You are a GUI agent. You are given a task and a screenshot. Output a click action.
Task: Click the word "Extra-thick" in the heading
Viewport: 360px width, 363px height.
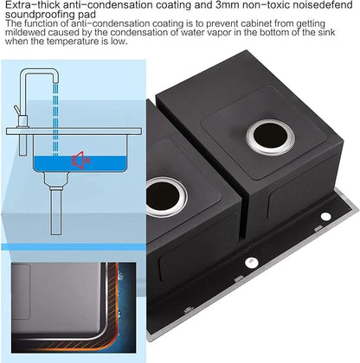[x=33, y=5]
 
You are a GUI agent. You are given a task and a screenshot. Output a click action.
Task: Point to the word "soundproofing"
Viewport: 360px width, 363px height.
[x=41, y=15]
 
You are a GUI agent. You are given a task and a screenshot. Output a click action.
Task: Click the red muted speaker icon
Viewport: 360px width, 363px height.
[x=80, y=160]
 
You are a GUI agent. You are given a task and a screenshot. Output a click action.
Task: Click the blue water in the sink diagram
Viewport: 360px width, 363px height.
[x=80, y=163]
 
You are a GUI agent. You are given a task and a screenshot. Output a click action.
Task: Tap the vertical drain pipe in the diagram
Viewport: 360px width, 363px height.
[x=56, y=210]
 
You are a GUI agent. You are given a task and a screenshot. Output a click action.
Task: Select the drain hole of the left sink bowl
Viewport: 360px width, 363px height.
[x=165, y=197]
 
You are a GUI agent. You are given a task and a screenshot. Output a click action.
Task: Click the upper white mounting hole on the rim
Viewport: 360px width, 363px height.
[x=326, y=216]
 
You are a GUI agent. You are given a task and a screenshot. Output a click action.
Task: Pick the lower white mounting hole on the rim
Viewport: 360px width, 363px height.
[x=251, y=262]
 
